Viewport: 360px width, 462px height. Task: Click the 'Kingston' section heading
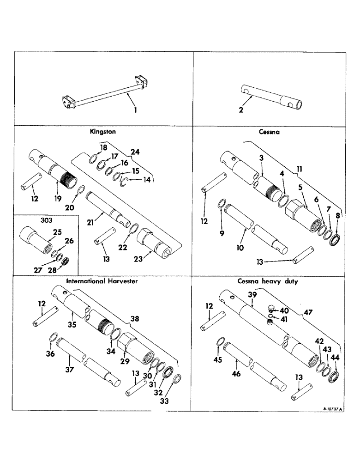[102, 132]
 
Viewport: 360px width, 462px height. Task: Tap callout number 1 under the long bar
[135, 110]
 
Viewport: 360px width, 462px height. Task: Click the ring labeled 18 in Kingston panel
[93, 158]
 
